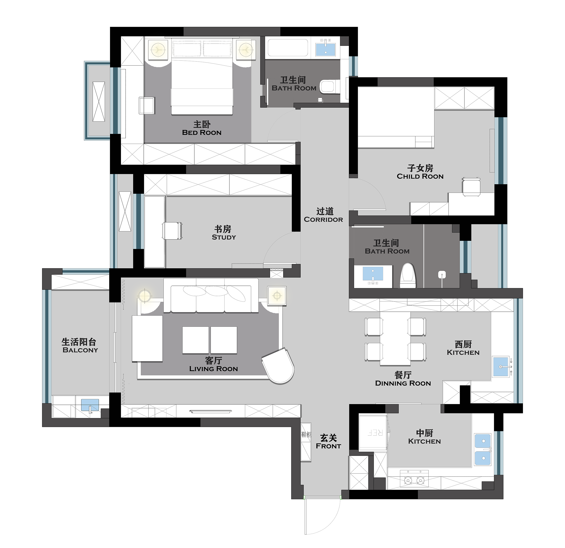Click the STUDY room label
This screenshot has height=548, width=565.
tap(224, 237)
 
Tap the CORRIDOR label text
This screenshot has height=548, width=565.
tap(323, 220)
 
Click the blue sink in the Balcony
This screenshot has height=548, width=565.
tap(90, 405)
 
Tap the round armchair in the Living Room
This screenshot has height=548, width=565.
tap(278, 366)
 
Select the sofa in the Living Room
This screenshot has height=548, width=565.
tap(211, 295)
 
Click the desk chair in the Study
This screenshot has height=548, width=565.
tap(172, 231)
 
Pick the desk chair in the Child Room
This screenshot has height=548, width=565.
tap(471, 187)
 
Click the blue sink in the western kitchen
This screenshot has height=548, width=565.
tap(501, 367)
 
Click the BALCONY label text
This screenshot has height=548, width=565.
tap(80, 350)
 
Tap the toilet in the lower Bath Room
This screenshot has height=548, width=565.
tap(408, 275)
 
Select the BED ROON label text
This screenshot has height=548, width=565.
tap(202, 133)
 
